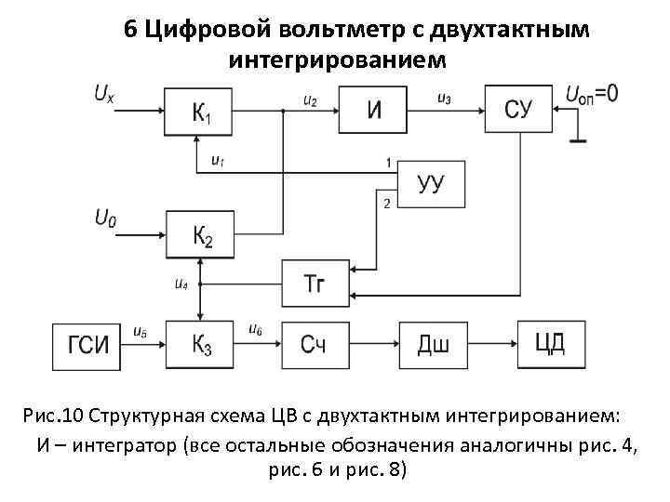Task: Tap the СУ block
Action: pyautogui.click(x=517, y=111)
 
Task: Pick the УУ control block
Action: pyautogui.click(x=431, y=183)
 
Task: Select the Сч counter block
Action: pyautogui.click(x=315, y=346)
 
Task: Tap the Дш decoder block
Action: pyautogui.click(x=434, y=346)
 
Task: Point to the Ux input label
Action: pyautogui.click(x=105, y=93)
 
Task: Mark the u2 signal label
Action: pyautogui.click(x=310, y=99)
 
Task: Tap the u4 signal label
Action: pyautogui.click(x=182, y=284)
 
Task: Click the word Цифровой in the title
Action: pyautogui.click(x=208, y=30)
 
